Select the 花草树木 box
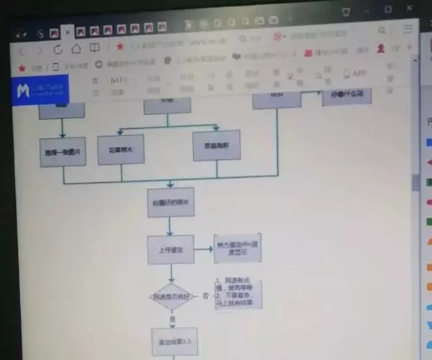tap(121, 149)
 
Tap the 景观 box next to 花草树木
tap(216, 145)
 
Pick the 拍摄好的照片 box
tap(170, 203)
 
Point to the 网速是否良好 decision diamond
tap(171, 296)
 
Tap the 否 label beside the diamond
tap(206, 295)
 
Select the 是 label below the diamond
tap(172, 319)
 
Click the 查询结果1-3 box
tap(174, 341)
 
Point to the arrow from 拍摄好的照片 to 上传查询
tap(170, 226)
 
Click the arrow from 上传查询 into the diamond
tap(171, 274)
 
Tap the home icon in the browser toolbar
tap(76, 48)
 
